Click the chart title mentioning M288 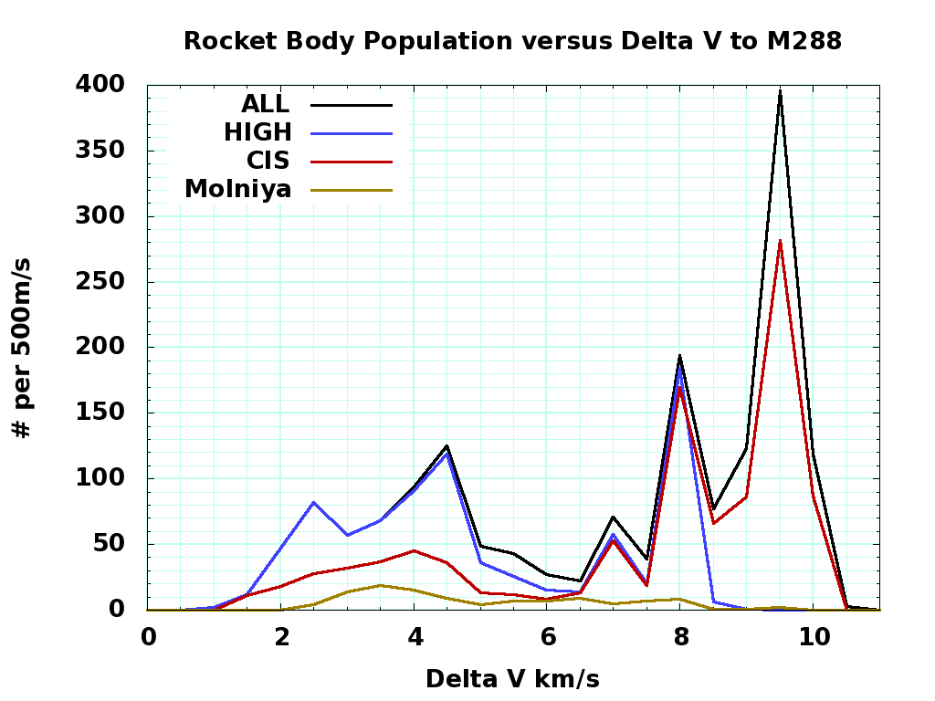(x=512, y=41)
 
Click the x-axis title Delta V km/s (x=512, y=679)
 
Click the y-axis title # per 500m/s (x=23, y=347)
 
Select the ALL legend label (x=265, y=104)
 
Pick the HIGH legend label (x=257, y=132)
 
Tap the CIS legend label (x=268, y=161)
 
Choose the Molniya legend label (x=237, y=189)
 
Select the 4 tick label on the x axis (x=415, y=636)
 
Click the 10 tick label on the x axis (x=813, y=636)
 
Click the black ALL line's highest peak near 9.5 (x=780, y=90)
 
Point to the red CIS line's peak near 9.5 (x=780, y=241)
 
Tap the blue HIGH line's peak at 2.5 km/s (x=314, y=502)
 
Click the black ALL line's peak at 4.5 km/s (x=446, y=445)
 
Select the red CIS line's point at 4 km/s (x=415, y=550)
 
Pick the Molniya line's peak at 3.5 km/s (x=381, y=585)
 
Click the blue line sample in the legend (x=352, y=133)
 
